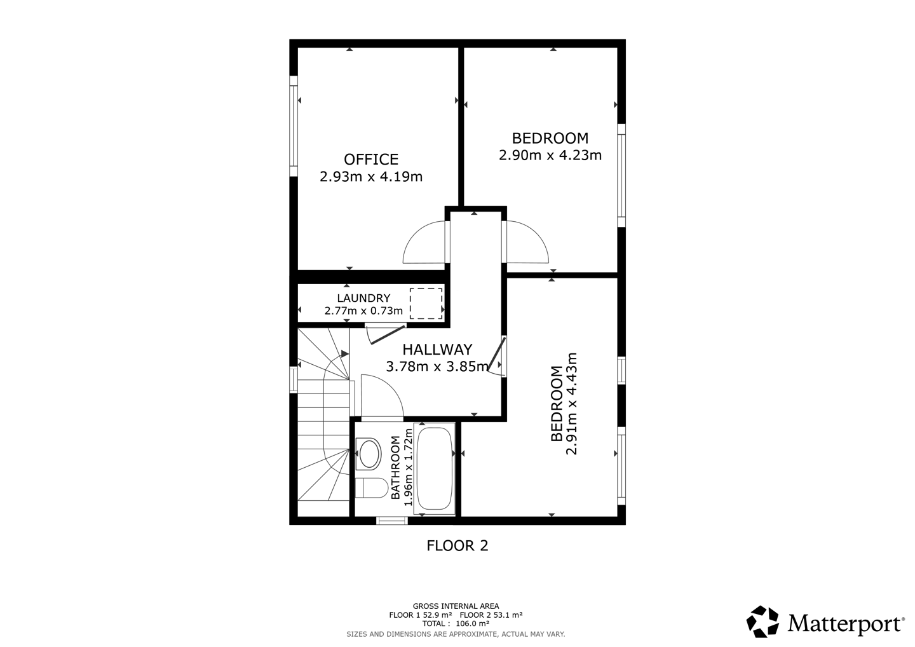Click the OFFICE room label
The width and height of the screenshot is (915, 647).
click(371, 160)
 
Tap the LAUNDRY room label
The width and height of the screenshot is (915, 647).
click(363, 298)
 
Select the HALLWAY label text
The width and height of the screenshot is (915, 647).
click(437, 350)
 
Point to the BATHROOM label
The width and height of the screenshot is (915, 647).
click(395, 468)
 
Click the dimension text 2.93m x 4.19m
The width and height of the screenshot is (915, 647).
click(371, 177)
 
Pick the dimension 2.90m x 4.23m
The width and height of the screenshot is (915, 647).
click(550, 156)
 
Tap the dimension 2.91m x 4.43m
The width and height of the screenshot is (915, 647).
click(571, 404)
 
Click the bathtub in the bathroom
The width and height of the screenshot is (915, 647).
click(434, 468)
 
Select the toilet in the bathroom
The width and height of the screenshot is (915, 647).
click(371, 488)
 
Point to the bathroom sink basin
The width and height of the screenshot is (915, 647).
click(369, 454)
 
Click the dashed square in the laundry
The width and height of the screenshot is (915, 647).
click(426, 304)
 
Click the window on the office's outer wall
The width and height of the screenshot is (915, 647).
click(294, 126)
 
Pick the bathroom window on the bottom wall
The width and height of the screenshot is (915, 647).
click(391, 521)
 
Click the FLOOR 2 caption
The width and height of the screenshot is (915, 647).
click(457, 546)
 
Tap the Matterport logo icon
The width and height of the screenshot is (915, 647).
click(762, 622)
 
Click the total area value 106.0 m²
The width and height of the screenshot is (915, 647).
click(470, 623)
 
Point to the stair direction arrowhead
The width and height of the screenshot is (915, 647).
click(345, 353)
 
